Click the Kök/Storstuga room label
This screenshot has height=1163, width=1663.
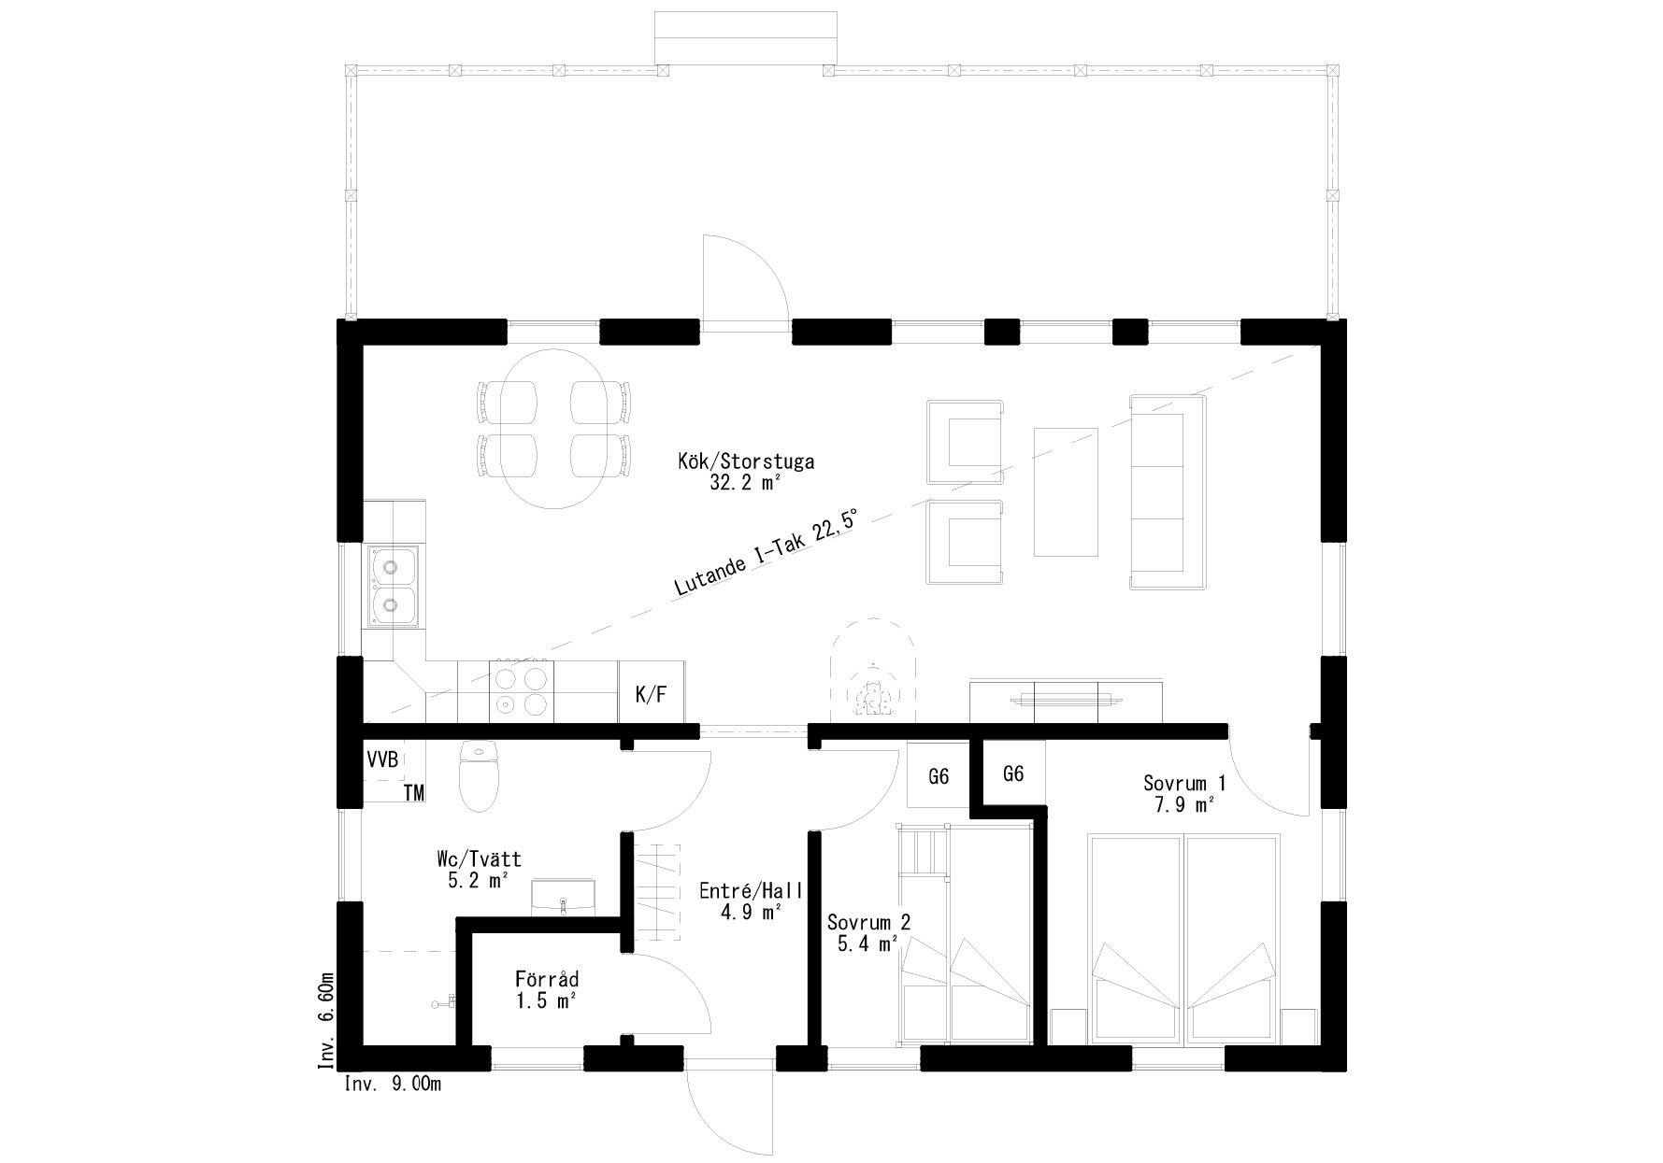coord(746,461)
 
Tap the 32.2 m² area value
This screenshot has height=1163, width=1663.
coord(745,483)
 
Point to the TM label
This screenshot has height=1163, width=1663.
coord(414,793)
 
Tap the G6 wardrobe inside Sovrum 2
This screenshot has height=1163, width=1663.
coord(939,774)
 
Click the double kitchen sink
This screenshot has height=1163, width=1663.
coord(393,585)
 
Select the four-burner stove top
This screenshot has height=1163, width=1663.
coord(521,690)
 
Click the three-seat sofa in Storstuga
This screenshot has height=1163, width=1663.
coord(1167,492)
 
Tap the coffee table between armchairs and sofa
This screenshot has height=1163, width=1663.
coord(1065,491)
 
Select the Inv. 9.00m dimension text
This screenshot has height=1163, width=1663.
coord(393,1084)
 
